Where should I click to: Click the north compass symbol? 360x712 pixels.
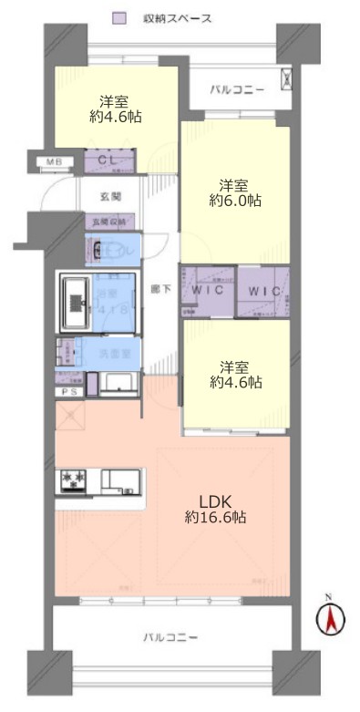point(330,620)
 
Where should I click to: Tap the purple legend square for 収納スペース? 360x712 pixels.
point(118,17)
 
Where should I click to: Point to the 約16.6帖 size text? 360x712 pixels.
point(215,517)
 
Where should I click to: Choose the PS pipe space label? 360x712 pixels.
point(68,392)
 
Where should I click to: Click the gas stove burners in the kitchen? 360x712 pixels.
point(72,480)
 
